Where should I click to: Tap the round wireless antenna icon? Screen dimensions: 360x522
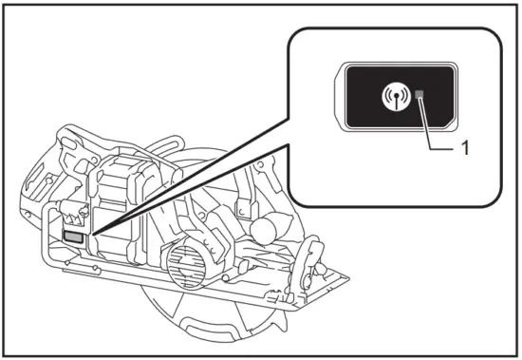pos(391,96)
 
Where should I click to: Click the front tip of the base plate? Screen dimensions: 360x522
pos(346,279)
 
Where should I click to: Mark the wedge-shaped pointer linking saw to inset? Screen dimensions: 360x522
pos(190,180)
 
